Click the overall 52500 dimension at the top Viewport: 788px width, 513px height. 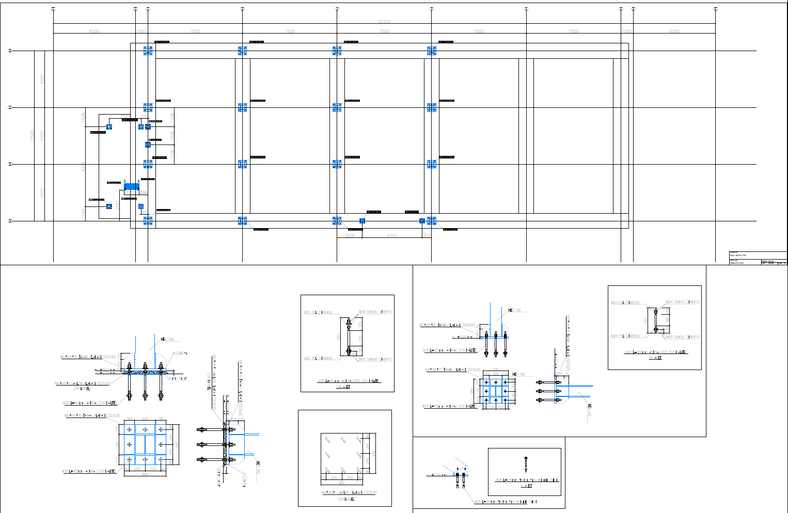(x=384, y=22)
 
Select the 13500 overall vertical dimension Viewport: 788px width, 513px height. (x=32, y=136)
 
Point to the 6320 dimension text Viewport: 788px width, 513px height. (x=83, y=168)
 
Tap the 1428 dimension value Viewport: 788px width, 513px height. (x=172, y=136)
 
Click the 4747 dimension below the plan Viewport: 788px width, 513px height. (x=392, y=235)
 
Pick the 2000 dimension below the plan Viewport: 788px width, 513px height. (x=350, y=235)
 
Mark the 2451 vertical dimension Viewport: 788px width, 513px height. (x=117, y=206)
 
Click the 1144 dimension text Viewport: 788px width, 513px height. (x=83, y=214)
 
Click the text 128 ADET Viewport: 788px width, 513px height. (x=343, y=387)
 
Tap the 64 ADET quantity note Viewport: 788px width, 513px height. (x=655, y=358)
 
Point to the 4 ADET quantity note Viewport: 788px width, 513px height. (x=526, y=486)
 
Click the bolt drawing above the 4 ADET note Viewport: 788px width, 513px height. (x=526, y=464)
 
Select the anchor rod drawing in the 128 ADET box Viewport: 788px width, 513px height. (x=348, y=337)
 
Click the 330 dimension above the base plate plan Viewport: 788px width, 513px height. (x=145, y=419)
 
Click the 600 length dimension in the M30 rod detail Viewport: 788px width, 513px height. (x=339, y=336)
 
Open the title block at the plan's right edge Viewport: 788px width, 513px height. (x=758, y=258)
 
